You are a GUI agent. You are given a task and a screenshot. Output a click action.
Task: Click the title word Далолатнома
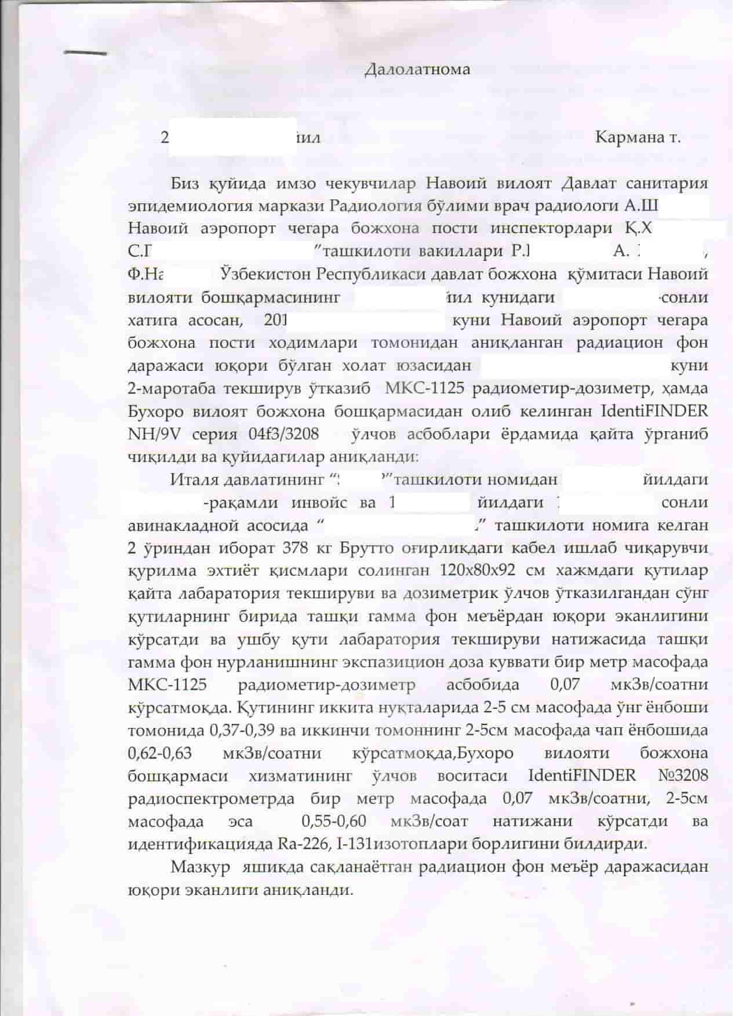pyautogui.click(x=417, y=70)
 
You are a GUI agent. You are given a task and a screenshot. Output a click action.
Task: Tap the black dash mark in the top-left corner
pyautogui.click(x=86, y=53)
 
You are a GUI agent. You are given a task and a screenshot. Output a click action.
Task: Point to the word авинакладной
pyautogui.click(x=184, y=526)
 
